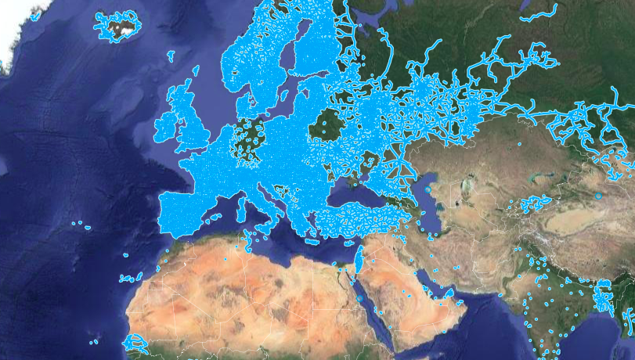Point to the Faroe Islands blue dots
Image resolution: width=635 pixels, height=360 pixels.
click(171, 55)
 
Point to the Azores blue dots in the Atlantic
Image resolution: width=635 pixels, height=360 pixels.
click(81, 225)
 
